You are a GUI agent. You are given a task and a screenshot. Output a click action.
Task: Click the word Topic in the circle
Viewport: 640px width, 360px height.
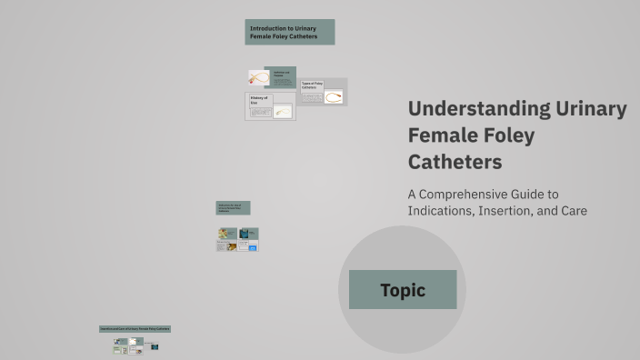click(403, 291)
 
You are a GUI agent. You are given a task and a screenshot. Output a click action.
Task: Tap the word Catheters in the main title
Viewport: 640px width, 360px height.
click(455, 163)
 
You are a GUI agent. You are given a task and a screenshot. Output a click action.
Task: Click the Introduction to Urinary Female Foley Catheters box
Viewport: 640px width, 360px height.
click(289, 32)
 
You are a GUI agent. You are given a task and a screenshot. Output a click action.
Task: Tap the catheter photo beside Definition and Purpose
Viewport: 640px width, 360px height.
click(258, 78)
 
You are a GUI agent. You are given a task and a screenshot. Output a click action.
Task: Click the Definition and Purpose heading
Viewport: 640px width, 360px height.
click(282, 73)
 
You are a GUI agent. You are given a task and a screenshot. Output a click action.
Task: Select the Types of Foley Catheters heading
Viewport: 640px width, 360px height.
click(313, 85)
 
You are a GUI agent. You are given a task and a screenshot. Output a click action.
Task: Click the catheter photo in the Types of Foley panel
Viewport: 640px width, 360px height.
click(334, 96)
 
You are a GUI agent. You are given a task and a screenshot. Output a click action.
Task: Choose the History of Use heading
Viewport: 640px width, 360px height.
click(260, 101)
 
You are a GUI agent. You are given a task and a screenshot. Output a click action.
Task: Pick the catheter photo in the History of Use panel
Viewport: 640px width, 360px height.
click(283, 113)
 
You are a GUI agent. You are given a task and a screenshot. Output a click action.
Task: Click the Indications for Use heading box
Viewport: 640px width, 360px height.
click(233, 207)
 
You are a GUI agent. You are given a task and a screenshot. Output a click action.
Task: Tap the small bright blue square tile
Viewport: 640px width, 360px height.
click(253, 247)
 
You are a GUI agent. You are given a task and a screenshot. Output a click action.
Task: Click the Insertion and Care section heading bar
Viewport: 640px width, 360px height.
click(135, 328)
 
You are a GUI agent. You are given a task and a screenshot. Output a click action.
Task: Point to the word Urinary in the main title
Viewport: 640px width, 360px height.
click(590, 109)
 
